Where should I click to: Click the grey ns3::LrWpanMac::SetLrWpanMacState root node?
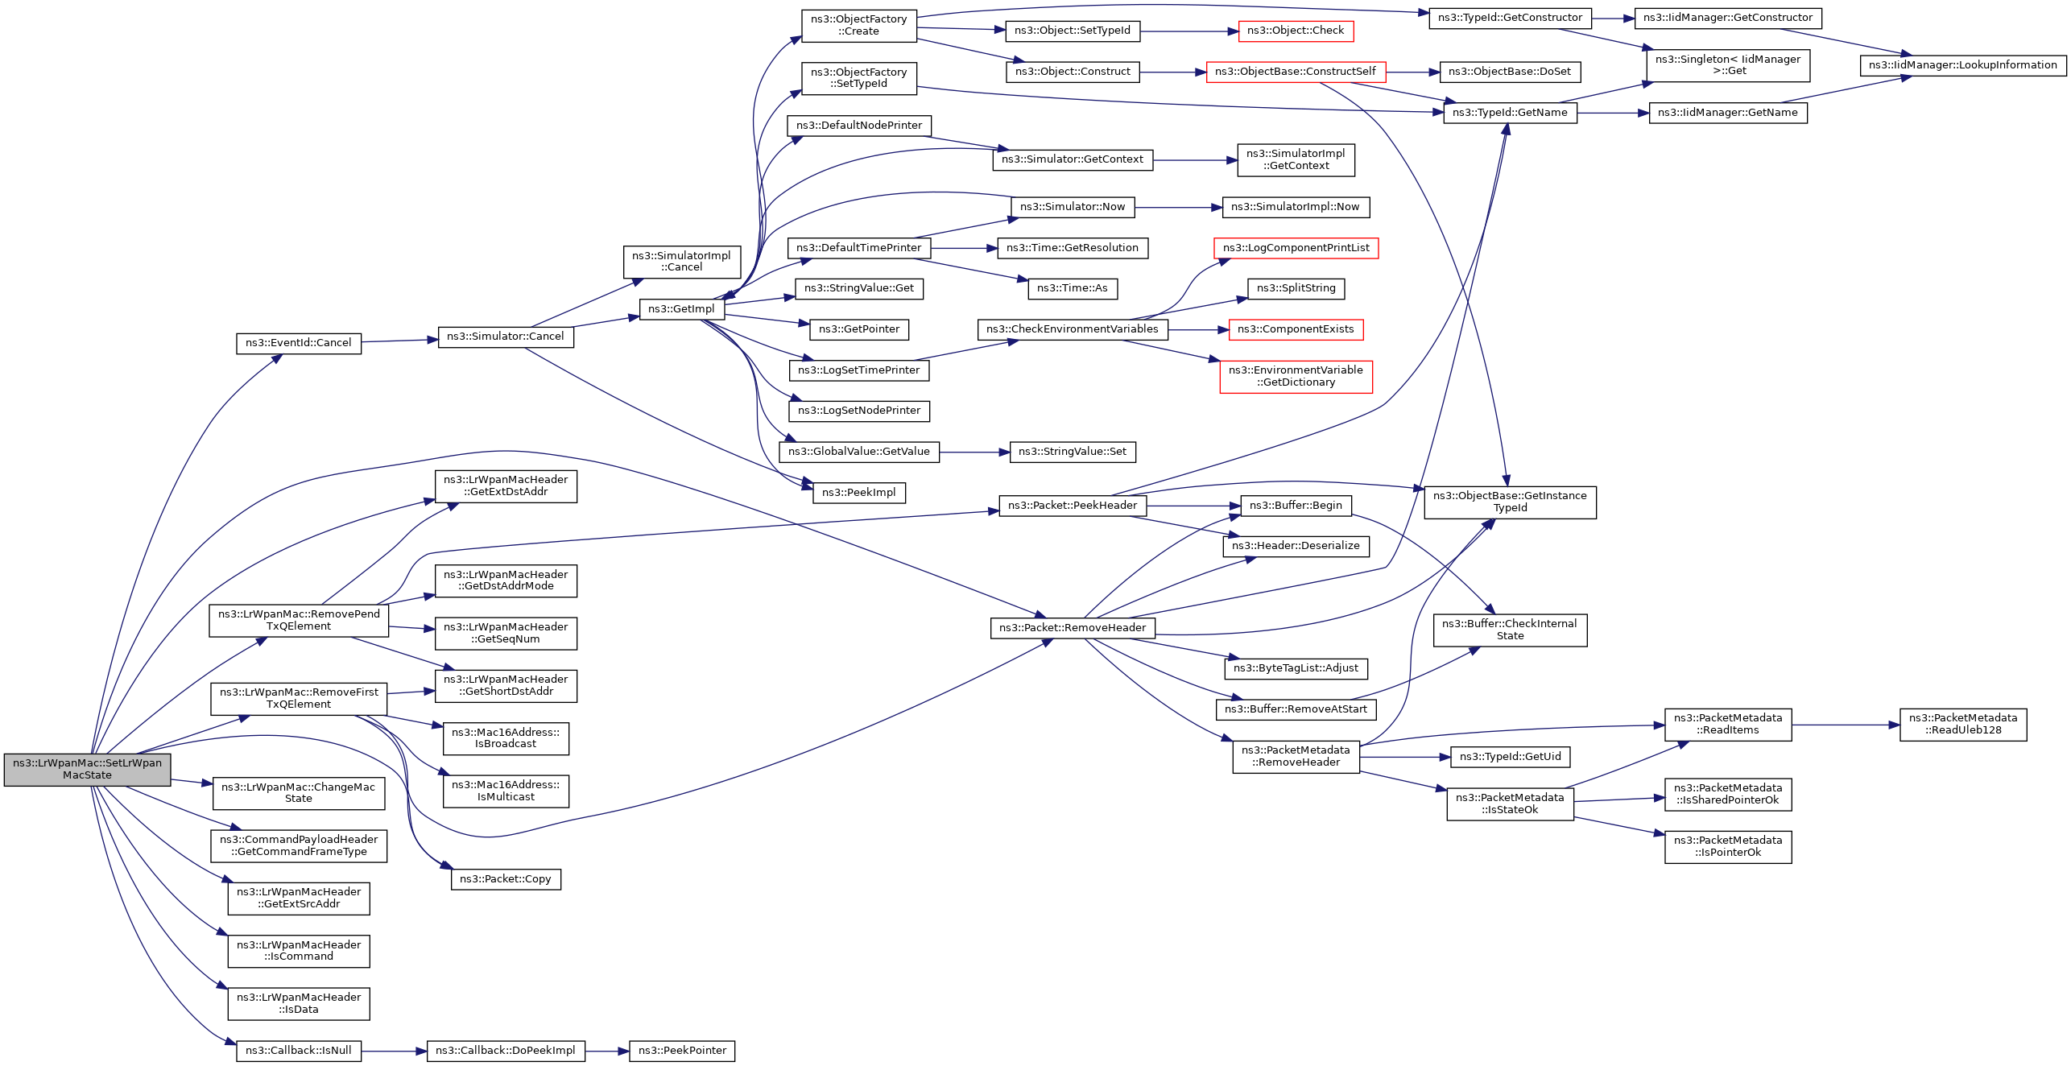(87, 769)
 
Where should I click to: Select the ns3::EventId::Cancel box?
(298, 343)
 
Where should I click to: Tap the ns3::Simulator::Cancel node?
(506, 337)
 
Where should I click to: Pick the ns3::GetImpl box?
(681, 309)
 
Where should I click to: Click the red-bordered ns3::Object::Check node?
(1296, 31)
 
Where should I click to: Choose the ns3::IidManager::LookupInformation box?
(1962, 65)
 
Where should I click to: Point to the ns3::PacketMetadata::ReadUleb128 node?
(1962, 725)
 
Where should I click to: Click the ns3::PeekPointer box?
(682, 1051)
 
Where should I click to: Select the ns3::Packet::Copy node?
(506, 879)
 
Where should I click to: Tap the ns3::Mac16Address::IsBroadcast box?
(506, 738)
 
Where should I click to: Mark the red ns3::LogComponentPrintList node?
(1296, 248)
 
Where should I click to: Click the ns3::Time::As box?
(1073, 288)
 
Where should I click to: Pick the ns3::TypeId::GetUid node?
(1510, 757)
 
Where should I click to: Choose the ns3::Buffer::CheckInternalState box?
(1510, 630)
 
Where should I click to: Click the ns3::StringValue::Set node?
(1073, 452)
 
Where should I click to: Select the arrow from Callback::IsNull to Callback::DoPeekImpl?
(394, 1051)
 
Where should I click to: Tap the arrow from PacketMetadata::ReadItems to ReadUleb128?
(1846, 725)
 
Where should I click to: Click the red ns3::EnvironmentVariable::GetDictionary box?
(1296, 376)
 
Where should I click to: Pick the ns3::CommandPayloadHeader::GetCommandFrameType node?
(299, 845)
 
